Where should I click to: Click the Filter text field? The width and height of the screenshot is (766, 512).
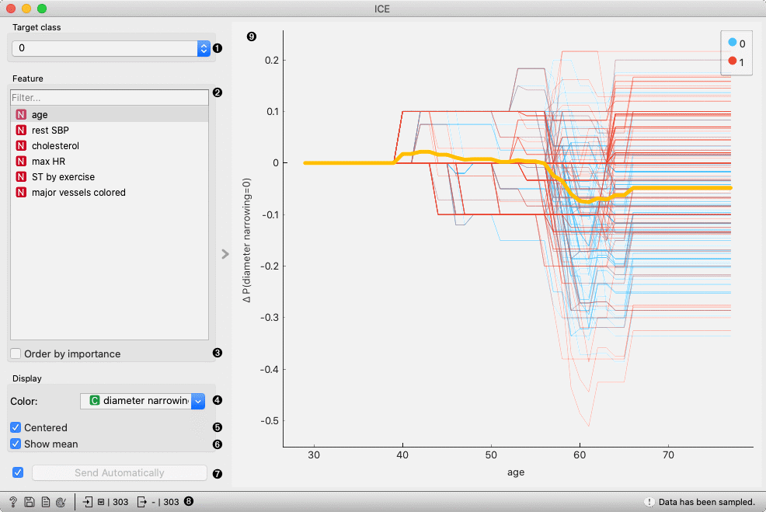109,98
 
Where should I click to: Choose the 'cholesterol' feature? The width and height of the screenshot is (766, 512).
55,145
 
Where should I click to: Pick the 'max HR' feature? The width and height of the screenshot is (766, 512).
48,161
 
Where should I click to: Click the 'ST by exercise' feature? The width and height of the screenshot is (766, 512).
63,176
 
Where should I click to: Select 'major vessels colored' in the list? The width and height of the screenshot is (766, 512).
78,192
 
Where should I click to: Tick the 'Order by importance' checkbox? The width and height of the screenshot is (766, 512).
16,354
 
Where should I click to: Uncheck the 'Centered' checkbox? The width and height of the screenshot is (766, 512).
16,428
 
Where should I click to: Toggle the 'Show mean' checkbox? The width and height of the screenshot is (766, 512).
16,444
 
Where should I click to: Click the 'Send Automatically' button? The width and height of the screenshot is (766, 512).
119,472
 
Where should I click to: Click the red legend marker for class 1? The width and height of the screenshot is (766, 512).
733,61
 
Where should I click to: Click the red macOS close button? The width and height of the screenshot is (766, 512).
11,9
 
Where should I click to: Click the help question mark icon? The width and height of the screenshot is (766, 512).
13,502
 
